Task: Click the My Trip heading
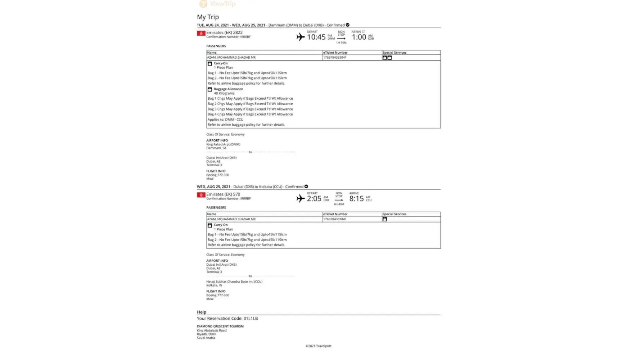(208, 17)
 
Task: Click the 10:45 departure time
(316, 37)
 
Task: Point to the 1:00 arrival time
(359, 37)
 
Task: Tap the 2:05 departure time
(314, 199)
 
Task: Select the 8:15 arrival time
(356, 199)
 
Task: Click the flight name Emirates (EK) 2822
(224, 32)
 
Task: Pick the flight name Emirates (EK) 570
(223, 194)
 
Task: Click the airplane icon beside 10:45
(300, 37)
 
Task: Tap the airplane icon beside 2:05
(300, 198)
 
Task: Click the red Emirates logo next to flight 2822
(201, 33)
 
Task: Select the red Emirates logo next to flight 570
(201, 195)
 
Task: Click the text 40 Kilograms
(224, 93)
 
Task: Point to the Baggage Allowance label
(228, 89)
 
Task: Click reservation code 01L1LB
(251, 318)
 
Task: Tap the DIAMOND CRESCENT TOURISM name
(220, 326)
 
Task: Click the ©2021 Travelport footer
(319, 346)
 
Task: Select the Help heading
(202, 312)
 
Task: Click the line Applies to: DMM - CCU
(225, 120)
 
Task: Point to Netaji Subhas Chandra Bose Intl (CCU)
(234, 282)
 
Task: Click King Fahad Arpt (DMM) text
(223, 144)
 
